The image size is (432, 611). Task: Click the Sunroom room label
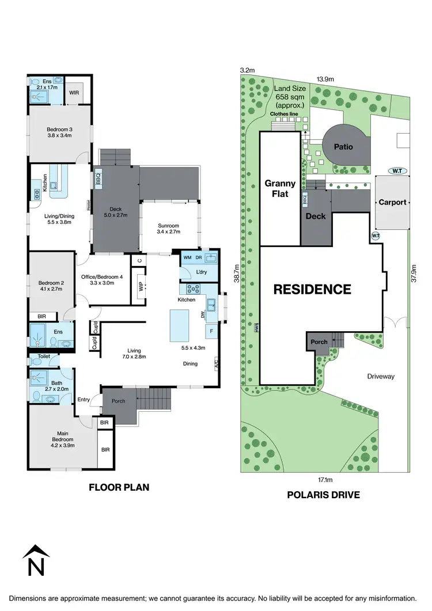(x=169, y=229)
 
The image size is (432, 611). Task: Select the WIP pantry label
(x=141, y=286)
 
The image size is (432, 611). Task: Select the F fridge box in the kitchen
(x=211, y=332)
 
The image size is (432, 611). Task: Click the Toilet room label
(x=43, y=358)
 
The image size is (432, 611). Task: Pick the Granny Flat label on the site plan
(x=280, y=189)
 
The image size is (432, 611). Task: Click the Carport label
(x=392, y=202)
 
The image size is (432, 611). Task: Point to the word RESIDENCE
(x=312, y=289)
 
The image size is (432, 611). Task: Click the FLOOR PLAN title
(x=119, y=487)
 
